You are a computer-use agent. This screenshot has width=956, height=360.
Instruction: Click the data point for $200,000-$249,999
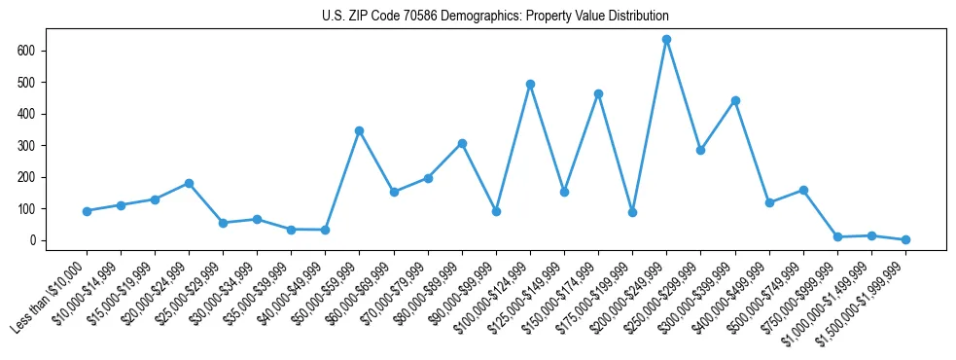[x=667, y=40]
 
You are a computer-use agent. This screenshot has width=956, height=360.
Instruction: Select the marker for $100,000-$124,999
[x=530, y=85]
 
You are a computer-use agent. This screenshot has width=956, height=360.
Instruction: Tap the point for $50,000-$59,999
[x=360, y=130]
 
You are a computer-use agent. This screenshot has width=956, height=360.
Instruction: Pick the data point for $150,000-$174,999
[x=598, y=93]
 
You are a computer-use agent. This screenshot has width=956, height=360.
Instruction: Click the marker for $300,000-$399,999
[x=735, y=100]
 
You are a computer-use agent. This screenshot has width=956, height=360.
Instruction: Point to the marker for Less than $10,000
[x=87, y=211]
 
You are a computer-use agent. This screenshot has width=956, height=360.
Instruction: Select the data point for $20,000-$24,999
[x=189, y=183]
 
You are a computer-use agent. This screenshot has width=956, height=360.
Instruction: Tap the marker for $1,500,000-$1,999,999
[x=905, y=239]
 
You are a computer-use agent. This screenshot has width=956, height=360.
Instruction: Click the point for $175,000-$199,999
[x=632, y=212]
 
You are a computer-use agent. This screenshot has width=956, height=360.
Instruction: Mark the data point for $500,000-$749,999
[x=803, y=190]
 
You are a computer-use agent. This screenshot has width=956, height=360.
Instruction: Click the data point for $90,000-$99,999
[x=496, y=211]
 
